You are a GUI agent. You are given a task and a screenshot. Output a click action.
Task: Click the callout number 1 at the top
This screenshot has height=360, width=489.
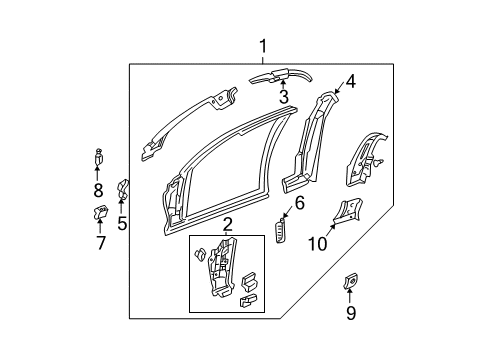pos(263,46)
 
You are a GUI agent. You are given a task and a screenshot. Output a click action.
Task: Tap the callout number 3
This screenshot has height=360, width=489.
pos(283,97)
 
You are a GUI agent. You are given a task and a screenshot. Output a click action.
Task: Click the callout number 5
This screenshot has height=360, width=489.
pos(122,224)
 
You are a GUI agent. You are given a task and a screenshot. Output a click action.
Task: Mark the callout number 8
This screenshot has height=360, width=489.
pos(98,189)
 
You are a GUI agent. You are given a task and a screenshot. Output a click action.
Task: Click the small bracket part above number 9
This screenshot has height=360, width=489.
pos(350,279)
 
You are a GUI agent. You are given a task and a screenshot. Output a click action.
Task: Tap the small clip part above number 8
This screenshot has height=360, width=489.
pos(98,155)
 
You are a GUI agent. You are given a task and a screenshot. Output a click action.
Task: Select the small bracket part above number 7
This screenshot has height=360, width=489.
pos(101,211)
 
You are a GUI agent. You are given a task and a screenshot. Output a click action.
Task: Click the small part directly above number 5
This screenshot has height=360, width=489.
pos(123,188)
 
